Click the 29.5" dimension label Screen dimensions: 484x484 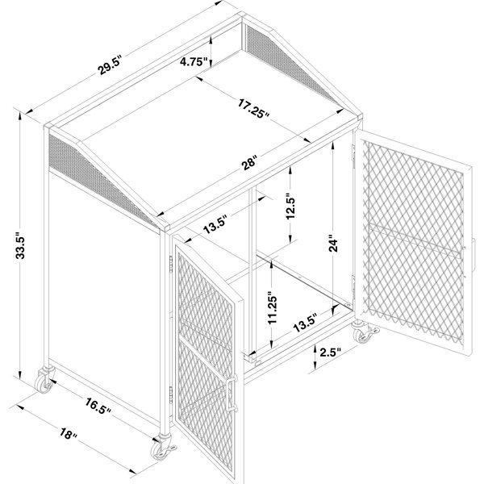pyautogui.click(x=110, y=65)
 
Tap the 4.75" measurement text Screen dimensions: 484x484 pyautogui.click(x=194, y=62)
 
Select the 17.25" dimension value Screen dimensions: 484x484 pyautogui.click(x=254, y=108)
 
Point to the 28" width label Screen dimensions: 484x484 pyautogui.click(x=249, y=162)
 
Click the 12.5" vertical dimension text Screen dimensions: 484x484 pyautogui.click(x=290, y=207)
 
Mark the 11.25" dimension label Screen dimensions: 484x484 pyautogui.click(x=273, y=308)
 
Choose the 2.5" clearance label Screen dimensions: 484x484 pyautogui.click(x=330, y=353)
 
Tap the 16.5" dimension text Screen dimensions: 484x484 pyautogui.click(x=98, y=406)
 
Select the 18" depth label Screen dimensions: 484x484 pyautogui.click(x=69, y=434)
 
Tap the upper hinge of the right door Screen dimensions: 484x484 pyautogui.click(x=353, y=152)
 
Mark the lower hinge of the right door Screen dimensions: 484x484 pyautogui.click(x=353, y=283)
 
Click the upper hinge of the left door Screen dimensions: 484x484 pyautogui.click(x=171, y=263)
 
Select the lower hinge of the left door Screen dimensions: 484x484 pyautogui.click(x=171, y=394)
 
